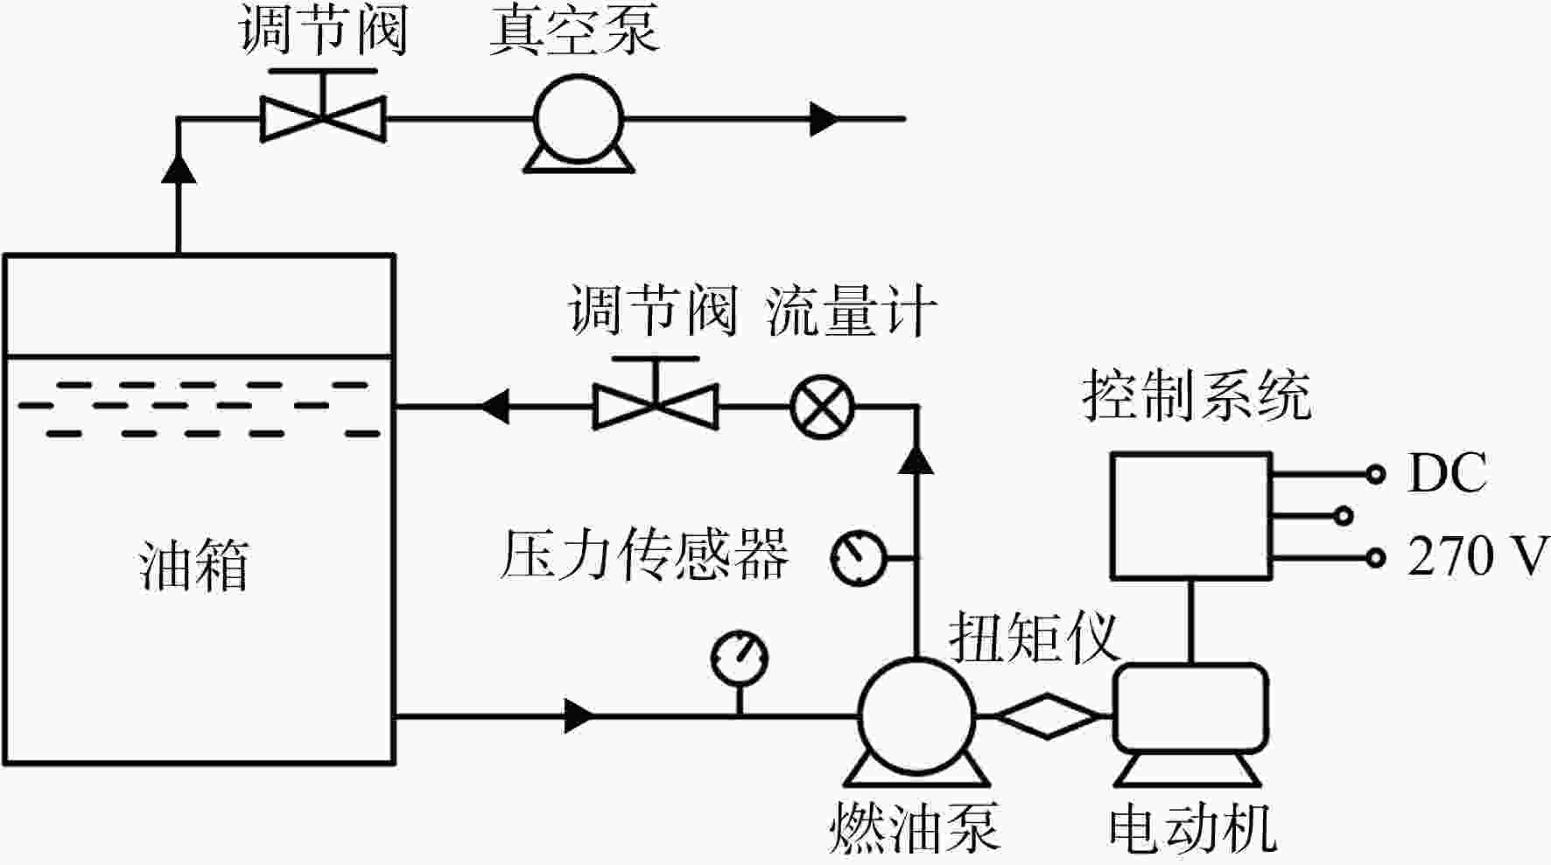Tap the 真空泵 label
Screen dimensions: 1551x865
coord(573,30)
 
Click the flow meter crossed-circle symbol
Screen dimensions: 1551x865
coord(822,408)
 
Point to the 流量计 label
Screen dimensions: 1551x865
coord(850,310)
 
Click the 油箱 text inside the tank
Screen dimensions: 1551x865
coord(193,564)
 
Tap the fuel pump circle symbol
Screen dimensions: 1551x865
coord(916,715)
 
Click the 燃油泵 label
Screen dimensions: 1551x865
coord(914,826)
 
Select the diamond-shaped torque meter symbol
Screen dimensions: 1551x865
coord(1047,715)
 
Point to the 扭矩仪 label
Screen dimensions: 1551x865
coord(1035,636)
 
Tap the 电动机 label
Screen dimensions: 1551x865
coord(1192,827)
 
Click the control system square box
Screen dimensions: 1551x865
coord(1191,516)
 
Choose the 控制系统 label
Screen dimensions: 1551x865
coord(1197,394)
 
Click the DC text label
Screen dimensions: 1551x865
coord(1447,473)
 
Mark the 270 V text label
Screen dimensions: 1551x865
coord(1478,556)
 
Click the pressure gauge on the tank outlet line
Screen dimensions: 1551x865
coord(740,657)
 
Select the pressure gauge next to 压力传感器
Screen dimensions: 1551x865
coord(859,557)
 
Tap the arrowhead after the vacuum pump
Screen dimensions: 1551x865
coord(825,119)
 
